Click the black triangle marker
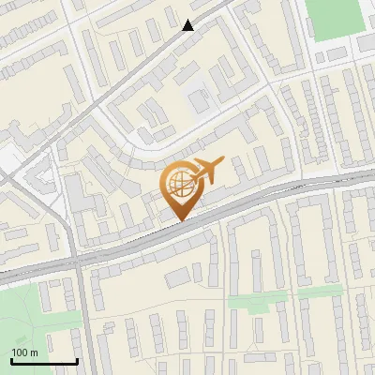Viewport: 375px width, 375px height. [189, 25]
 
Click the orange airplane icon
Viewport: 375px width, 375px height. [206, 172]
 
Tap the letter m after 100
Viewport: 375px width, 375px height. [35, 352]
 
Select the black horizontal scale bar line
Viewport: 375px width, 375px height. [43, 361]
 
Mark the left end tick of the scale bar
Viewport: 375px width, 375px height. [10, 359]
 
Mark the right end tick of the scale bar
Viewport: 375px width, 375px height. [77, 359]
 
